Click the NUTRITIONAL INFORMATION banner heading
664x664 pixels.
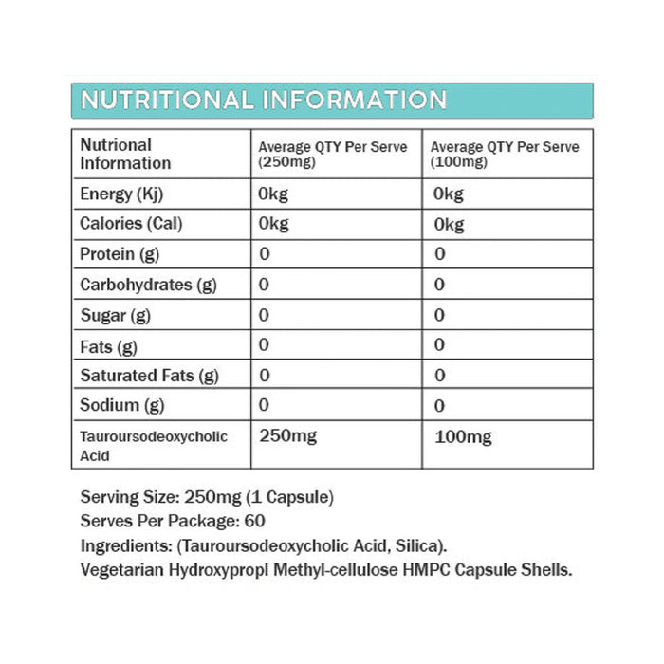[x=264, y=101]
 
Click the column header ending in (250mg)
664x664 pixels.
[x=333, y=155]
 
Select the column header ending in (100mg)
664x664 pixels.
[x=505, y=155]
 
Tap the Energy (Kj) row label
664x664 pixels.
[x=119, y=194]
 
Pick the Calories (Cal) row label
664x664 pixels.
[x=131, y=224]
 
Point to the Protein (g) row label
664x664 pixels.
[x=120, y=254]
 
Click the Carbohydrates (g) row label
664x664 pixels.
[x=149, y=285]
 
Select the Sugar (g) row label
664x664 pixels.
[x=115, y=315]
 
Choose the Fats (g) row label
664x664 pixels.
[x=109, y=345]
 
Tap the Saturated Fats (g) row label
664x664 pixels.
[x=149, y=376]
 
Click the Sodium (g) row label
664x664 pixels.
[x=121, y=405]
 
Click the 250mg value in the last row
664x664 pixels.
[x=288, y=437]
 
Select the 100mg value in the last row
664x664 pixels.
[x=463, y=437]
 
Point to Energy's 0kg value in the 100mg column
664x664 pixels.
[x=449, y=194]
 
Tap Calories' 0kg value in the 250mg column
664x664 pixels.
[x=274, y=224]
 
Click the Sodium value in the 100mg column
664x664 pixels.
[x=439, y=406]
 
